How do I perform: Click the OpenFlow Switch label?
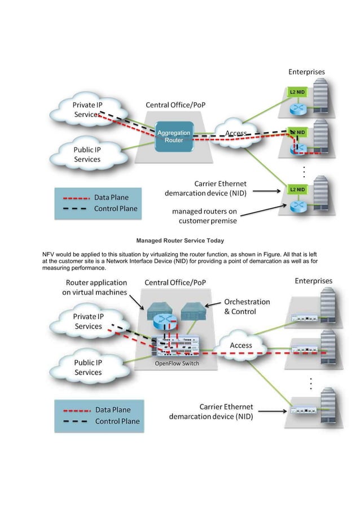[x=177, y=363]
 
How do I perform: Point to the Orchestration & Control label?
[x=247, y=307]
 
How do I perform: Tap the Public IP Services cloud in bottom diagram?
[x=88, y=368]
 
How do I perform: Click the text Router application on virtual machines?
[x=95, y=286]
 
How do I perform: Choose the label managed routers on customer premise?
[x=212, y=216]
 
